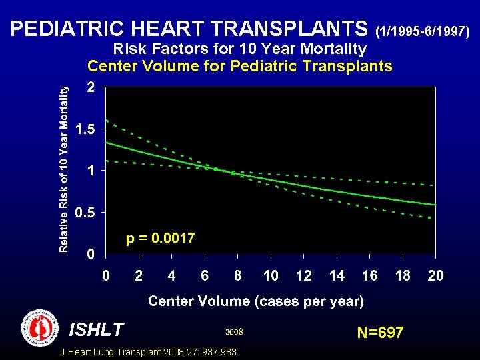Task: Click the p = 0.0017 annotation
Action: (161, 238)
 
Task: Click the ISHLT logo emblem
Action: (40, 328)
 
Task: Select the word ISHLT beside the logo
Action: (96, 329)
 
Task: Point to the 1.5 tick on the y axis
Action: (84, 129)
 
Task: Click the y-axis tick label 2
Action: (90, 87)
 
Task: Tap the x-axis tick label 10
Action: (271, 275)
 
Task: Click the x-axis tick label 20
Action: (435, 275)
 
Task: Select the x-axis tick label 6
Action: (205, 275)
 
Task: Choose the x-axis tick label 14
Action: (337, 275)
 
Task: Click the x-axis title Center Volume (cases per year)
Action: (256, 301)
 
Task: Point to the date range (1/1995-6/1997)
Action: (424, 31)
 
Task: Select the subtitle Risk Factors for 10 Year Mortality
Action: (240, 49)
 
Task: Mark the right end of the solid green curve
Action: (435, 205)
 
